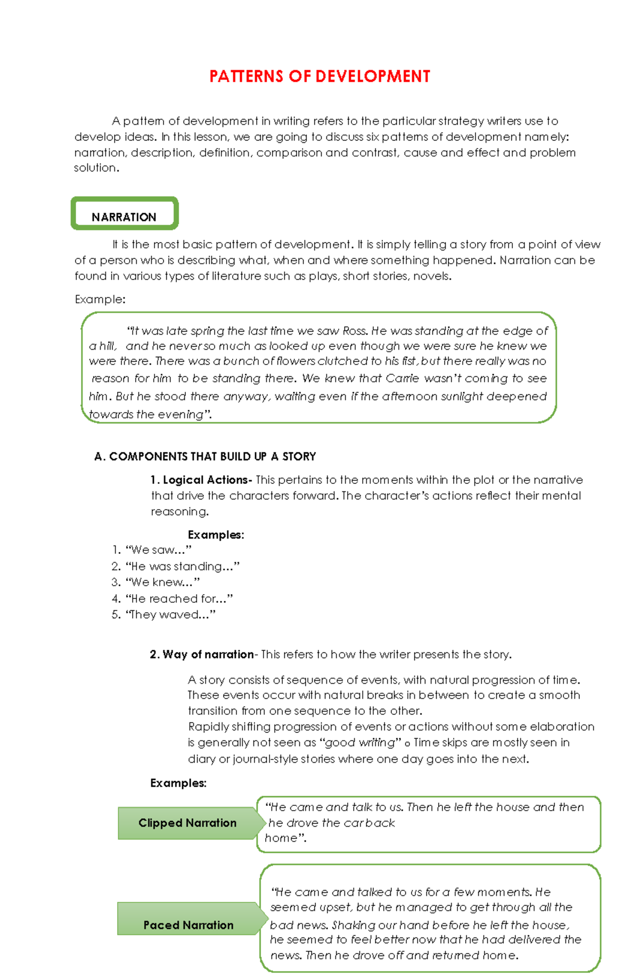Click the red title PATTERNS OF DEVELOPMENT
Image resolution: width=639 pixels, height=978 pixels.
[x=319, y=77]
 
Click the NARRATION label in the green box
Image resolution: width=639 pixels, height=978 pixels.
[x=124, y=217]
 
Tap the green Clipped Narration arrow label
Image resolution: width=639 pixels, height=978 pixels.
[x=187, y=823]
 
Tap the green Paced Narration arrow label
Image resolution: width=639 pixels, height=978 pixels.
[x=189, y=925]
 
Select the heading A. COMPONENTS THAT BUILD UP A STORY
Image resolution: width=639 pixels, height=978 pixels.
[x=205, y=456]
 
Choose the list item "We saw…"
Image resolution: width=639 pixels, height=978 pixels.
[x=158, y=550]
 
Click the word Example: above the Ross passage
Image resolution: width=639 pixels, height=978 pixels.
[x=100, y=300]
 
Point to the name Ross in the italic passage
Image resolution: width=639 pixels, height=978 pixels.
[x=354, y=331]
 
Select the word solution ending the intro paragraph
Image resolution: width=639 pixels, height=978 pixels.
[x=96, y=168]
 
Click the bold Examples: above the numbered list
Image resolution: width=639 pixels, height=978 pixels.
[x=216, y=535]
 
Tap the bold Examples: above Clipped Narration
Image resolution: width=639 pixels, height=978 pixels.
[x=178, y=783]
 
